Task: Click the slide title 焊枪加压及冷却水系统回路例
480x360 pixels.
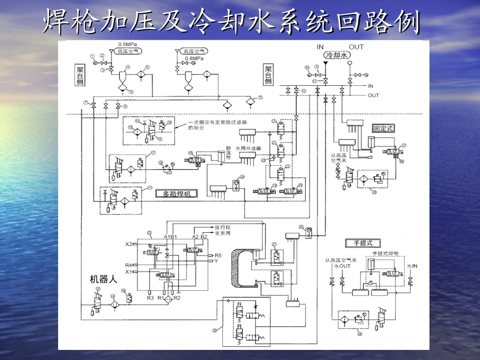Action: point(232,22)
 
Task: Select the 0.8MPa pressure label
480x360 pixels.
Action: point(195,59)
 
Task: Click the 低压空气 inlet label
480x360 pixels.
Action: point(129,51)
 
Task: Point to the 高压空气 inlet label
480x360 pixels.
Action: point(193,51)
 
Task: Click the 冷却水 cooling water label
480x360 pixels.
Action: point(336,56)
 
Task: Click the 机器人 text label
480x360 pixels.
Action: point(104,279)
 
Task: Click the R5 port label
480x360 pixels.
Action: point(218,255)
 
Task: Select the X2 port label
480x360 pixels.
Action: point(129,244)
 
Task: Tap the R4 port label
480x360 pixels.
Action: point(129,265)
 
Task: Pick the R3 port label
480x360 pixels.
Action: point(150,298)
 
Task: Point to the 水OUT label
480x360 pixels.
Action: point(342,266)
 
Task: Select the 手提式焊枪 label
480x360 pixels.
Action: point(386,253)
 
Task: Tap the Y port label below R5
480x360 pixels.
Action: point(216,261)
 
